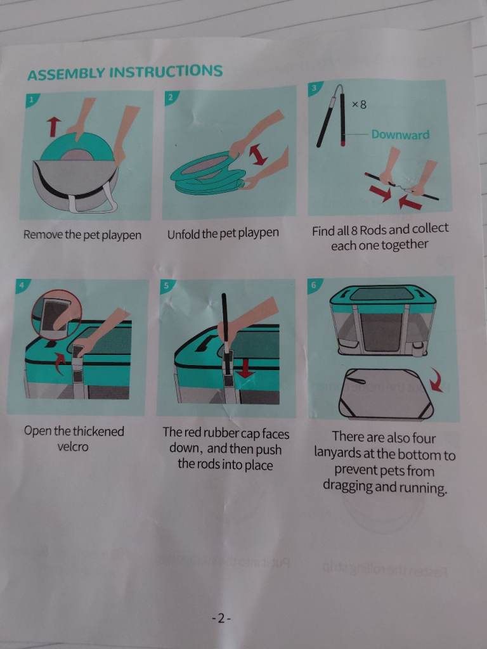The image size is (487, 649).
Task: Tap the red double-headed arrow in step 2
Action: pyautogui.click(x=258, y=156)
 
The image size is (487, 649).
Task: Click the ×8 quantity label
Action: pyautogui.click(x=359, y=105)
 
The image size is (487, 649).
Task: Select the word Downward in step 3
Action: pyautogui.click(x=400, y=134)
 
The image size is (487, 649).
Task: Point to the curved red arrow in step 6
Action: pyautogui.click(x=436, y=380)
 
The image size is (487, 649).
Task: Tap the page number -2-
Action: pyautogui.click(x=221, y=619)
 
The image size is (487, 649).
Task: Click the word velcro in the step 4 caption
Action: pyautogui.click(x=73, y=447)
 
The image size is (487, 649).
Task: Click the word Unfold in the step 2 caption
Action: pyautogui.click(x=182, y=233)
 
